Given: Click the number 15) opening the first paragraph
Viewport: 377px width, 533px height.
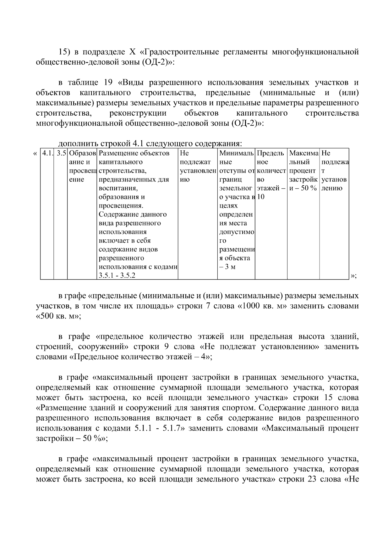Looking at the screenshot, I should click(65, 52).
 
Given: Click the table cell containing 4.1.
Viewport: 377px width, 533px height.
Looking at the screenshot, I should click(47, 153).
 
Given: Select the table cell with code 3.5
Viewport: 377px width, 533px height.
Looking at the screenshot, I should click(61, 153).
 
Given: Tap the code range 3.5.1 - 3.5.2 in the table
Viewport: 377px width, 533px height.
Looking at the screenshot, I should click(117, 276).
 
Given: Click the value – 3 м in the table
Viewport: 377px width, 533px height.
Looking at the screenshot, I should click(227, 267).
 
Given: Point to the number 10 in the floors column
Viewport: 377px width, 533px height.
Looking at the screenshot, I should click(260, 197).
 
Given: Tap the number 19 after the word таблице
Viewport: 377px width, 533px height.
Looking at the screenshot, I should click(108, 83).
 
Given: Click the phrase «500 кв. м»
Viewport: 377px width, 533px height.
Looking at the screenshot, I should click(59, 316).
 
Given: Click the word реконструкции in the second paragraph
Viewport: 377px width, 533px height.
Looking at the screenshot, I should click(138, 113).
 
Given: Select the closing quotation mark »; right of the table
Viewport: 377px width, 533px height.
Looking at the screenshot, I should click(353, 276).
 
